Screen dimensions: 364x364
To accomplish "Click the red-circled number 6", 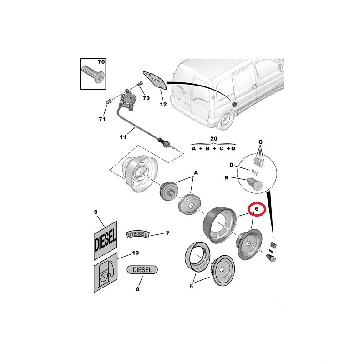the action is [257, 209].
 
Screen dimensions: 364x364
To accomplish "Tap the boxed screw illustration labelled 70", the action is [93, 74].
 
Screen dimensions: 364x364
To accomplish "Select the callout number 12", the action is [163, 105].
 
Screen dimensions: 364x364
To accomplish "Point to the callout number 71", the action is [102, 119].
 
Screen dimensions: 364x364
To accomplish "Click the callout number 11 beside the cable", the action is [123, 137].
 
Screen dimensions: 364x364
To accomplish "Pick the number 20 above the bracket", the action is [213, 139].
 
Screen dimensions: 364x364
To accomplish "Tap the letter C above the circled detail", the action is [260, 142].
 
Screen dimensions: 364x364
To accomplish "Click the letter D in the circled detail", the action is [231, 165].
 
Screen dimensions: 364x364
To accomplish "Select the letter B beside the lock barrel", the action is [227, 177].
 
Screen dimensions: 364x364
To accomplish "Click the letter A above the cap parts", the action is [196, 173].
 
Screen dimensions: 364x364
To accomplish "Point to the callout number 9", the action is [96, 212].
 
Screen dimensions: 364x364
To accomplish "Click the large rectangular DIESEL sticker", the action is [106, 240].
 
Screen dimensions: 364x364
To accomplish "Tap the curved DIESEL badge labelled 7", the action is [138, 234].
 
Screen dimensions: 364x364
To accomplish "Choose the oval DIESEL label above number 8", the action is [142, 270].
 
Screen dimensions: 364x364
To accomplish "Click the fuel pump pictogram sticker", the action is [106, 273].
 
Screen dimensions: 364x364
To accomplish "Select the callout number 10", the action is [135, 253].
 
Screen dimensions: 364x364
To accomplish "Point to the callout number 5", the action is [191, 287].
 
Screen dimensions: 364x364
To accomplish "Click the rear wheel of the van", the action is [225, 120].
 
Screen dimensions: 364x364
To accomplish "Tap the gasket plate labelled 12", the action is [155, 81].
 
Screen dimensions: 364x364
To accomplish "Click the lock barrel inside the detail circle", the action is [254, 183].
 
